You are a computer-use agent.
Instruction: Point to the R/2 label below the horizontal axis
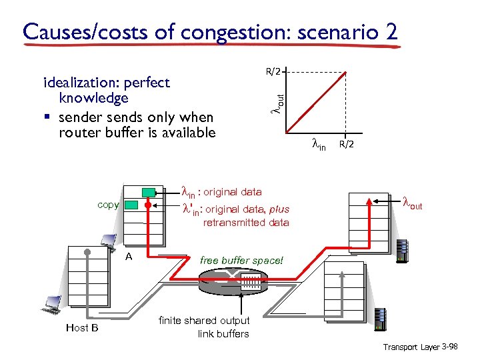[x=347, y=144]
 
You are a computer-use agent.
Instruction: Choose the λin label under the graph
[x=319, y=144]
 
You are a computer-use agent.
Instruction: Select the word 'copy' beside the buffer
[x=109, y=205]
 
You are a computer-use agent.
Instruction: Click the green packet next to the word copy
[x=132, y=205]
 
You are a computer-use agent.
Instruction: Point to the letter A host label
[x=129, y=256]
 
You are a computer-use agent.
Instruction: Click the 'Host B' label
[x=82, y=327]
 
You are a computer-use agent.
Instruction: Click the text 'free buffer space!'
[x=241, y=260]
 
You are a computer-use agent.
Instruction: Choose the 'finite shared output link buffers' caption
[x=204, y=327]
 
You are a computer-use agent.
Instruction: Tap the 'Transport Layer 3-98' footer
[x=420, y=347]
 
